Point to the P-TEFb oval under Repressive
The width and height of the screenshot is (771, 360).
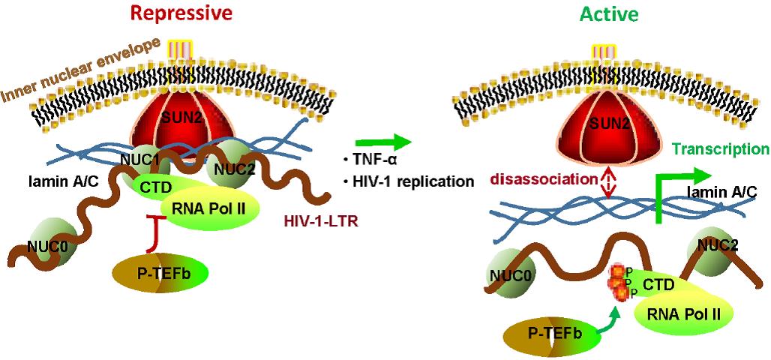pos(160,271)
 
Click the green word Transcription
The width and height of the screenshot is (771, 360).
pos(721,148)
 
